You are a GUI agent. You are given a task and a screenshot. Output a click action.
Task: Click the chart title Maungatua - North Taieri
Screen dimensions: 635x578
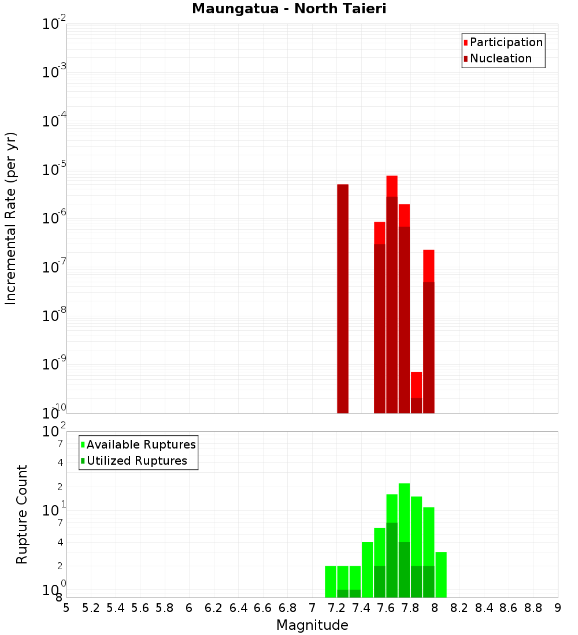point(288,9)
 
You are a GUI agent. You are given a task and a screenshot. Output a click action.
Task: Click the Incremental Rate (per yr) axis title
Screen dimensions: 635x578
point(11,218)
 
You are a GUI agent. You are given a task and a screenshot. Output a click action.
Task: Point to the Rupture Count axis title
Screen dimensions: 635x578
point(22,514)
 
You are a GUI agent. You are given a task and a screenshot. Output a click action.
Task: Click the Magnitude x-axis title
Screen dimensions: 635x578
point(312,625)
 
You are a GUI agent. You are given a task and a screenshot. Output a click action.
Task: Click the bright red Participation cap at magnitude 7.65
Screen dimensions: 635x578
point(392,186)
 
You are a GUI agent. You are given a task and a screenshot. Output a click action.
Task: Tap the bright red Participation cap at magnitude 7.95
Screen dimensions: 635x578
point(429,266)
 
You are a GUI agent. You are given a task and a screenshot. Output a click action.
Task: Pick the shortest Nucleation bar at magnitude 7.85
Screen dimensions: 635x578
point(416,405)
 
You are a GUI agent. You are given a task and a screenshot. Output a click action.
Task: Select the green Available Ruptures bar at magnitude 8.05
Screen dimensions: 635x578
point(441,574)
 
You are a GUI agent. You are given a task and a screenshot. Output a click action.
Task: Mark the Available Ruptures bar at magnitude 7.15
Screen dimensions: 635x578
point(331,581)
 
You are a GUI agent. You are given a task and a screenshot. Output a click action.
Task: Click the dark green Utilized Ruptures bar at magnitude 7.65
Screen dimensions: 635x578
point(392,560)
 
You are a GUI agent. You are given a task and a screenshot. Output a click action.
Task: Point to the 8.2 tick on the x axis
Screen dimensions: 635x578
point(460,607)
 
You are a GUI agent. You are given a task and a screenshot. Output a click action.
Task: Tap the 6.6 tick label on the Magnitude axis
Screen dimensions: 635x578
point(263,607)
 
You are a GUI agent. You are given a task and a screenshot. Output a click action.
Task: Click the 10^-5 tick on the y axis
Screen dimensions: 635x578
point(54,171)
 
